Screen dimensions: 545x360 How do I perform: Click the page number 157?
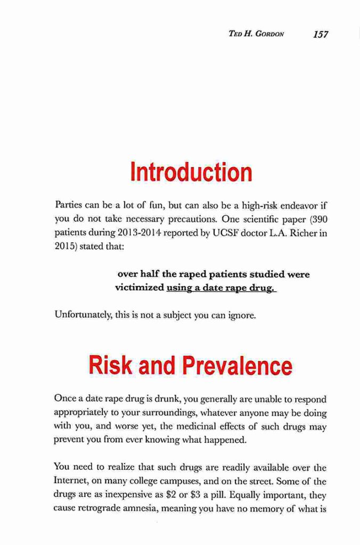click(x=321, y=35)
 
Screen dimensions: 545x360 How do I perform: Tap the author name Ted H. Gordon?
click(x=256, y=35)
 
